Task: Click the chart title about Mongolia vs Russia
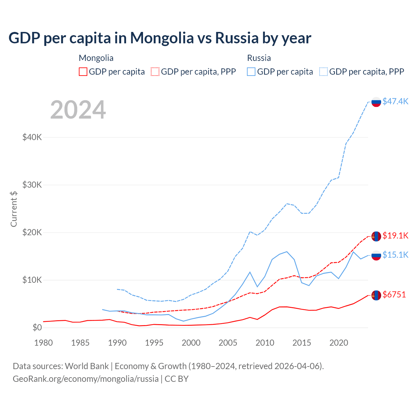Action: pos(160,38)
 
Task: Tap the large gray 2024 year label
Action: pos(78,110)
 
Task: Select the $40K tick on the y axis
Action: pos(32,137)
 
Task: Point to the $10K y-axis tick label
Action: pos(32,280)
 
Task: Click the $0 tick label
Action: pos(37,327)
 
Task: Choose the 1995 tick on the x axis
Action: pos(154,343)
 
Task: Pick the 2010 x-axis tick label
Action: pos(265,343)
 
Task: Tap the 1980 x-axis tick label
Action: pos(43,343)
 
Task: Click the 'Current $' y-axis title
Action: pos(14,209)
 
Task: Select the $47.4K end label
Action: pos(395,101)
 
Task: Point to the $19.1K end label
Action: pos(395,236)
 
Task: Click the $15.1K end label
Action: pos(395,255)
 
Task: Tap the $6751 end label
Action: pos(394,295)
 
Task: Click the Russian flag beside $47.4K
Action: pos(376,102)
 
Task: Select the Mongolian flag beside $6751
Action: pos(376,295)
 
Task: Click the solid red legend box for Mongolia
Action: pos(83,72)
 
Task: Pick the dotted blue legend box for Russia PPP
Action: pos(324,72)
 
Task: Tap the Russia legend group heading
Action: pos(259,58)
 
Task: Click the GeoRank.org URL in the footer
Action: pos(86,379)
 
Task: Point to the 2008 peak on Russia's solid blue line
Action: pos(250,272)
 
